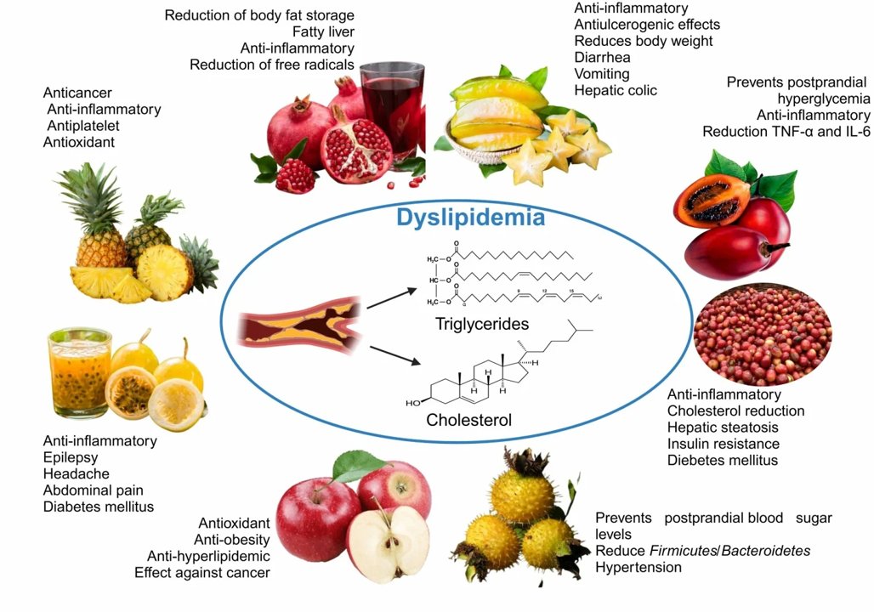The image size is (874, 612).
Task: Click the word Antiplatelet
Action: click(83, 126)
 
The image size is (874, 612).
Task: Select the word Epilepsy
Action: click(71, 457)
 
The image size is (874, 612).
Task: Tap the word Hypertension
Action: click(638, 567)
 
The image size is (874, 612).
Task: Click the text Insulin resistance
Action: click(723, 444)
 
